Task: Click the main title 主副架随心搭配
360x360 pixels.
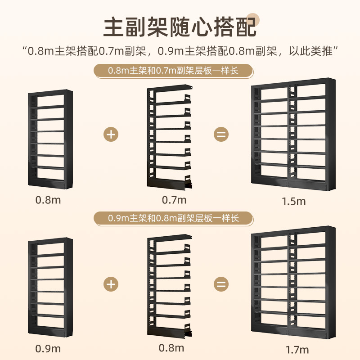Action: pos(180,27)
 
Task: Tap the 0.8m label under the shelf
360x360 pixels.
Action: pos(48,199)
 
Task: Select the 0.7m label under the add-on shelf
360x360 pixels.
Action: pos(174,199)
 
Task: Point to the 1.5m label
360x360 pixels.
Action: pos(293,201)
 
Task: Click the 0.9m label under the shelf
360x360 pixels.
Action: pos(48,348)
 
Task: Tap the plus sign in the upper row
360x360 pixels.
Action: pos(111,134)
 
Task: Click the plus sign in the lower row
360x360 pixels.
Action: pos(111,284)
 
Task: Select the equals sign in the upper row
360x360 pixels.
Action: pos(221,134)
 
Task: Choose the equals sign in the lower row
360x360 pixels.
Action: pos(221,284)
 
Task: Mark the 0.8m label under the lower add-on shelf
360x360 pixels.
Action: pos(171,348)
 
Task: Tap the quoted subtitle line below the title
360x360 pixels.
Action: pos(180,50)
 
